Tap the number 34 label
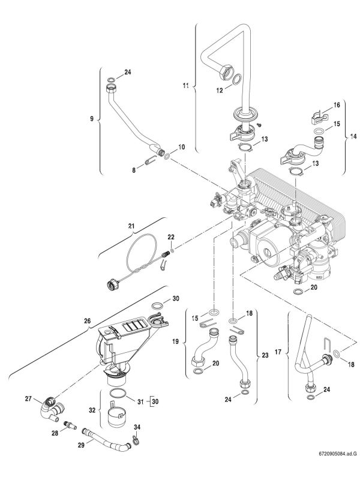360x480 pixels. (x=137, y=427)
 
